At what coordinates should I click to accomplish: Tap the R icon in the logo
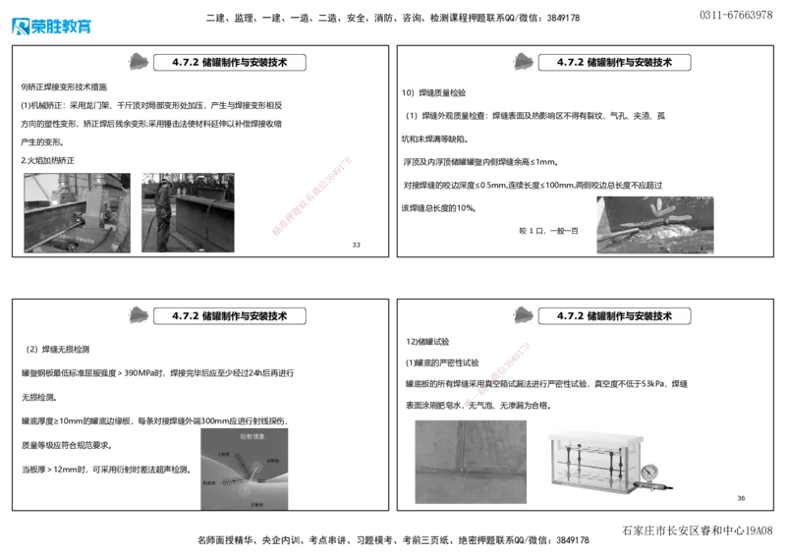point(20,28)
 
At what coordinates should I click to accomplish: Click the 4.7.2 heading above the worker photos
point(228,62)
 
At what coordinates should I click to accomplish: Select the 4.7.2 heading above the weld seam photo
point(613,62)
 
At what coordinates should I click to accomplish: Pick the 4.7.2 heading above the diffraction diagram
point(228,316)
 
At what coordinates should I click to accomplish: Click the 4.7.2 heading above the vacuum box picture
point(613,316)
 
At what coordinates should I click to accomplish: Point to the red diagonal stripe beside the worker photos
point(310,195)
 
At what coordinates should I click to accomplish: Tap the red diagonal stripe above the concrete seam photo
point(499,373)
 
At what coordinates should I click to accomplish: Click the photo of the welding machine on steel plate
point(77,214)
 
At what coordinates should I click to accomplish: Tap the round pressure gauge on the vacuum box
point(648,473)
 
